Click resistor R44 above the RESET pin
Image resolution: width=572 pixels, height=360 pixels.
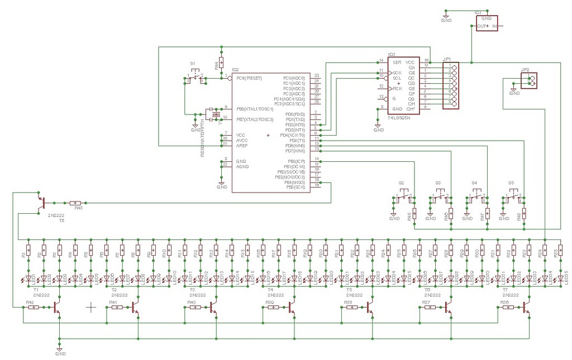click(222, 63)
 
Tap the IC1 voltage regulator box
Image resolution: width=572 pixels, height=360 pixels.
click(487, 23)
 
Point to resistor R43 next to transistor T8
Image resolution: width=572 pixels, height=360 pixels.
click(76, 203)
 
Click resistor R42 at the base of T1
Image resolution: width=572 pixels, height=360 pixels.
click(34, 307)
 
